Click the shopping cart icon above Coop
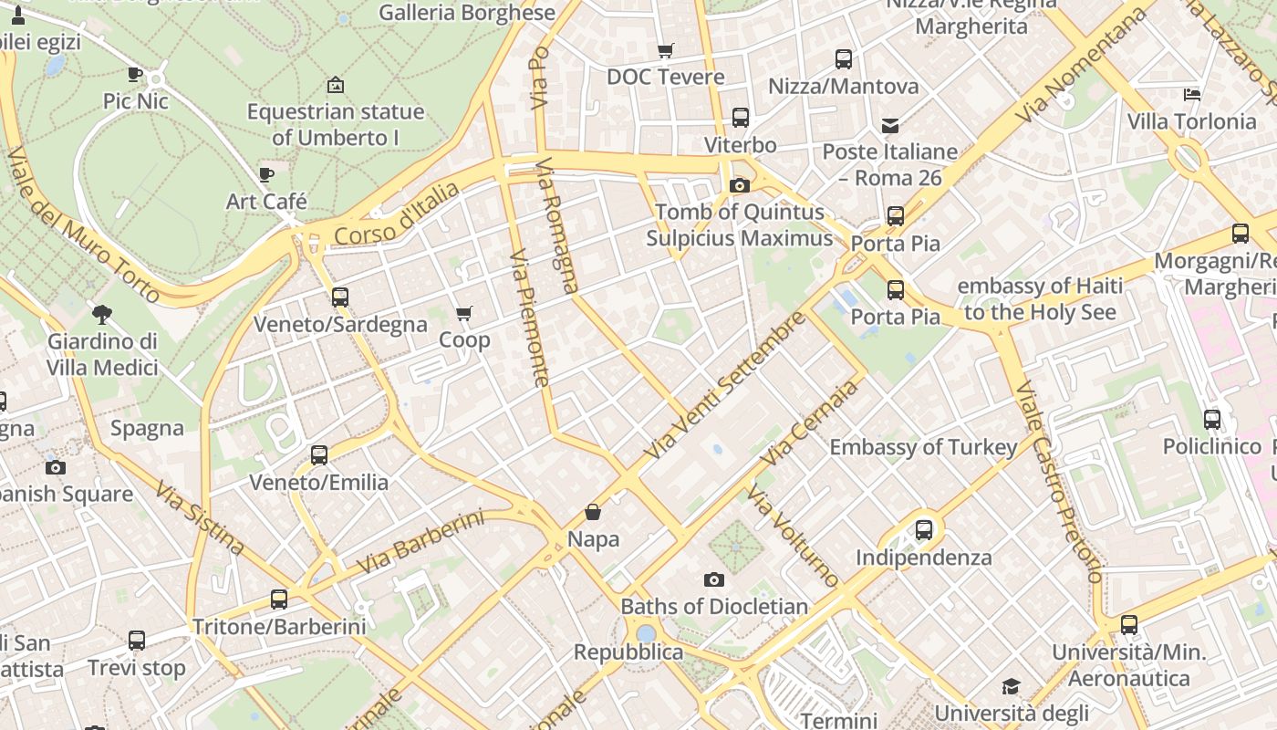pos(463,314)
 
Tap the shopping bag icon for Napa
pos(593,512)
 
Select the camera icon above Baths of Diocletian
pos(714,579)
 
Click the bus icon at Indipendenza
pos(924,529)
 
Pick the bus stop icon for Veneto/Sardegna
pos(340,297)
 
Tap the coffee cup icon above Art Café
pos(266,173)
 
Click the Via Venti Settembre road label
pos(725,385)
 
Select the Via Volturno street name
pos(793,537)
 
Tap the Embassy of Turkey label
pos(922,447)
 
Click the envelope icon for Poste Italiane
pos(889,125)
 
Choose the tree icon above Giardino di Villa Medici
pos(102,315)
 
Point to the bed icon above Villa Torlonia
pos(1191,94)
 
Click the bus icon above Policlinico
pos(1211,420)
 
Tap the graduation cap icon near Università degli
pos(1011,686)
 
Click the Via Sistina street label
pos(199,518)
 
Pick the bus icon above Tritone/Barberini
pos(279,600)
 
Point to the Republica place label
pos(628,652)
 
